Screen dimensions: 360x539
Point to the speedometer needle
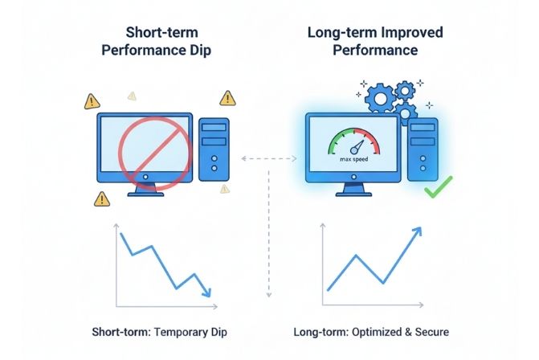[356, 148]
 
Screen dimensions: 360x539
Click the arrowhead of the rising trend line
[419, 231]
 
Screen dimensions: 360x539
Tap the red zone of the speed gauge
[374, 141]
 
